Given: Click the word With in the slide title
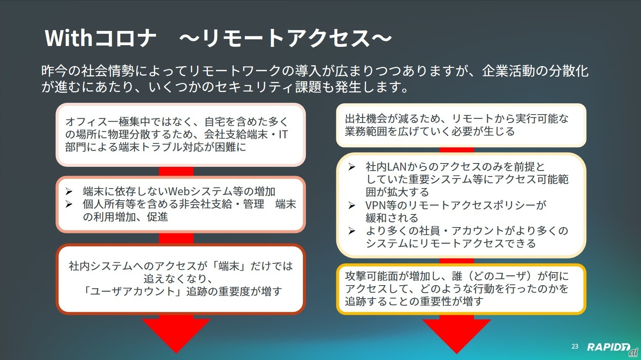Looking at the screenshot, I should [68, 38].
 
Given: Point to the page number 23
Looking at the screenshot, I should [575, 346].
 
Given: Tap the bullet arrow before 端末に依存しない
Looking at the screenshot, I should [69, 191].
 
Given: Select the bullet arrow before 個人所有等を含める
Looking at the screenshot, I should [69, 204].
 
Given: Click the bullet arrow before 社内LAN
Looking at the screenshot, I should [352, 167].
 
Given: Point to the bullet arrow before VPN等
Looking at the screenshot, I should [352, 205].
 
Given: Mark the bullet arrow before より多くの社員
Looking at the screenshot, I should [352, 231].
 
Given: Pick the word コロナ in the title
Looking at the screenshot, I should [125, 38].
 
